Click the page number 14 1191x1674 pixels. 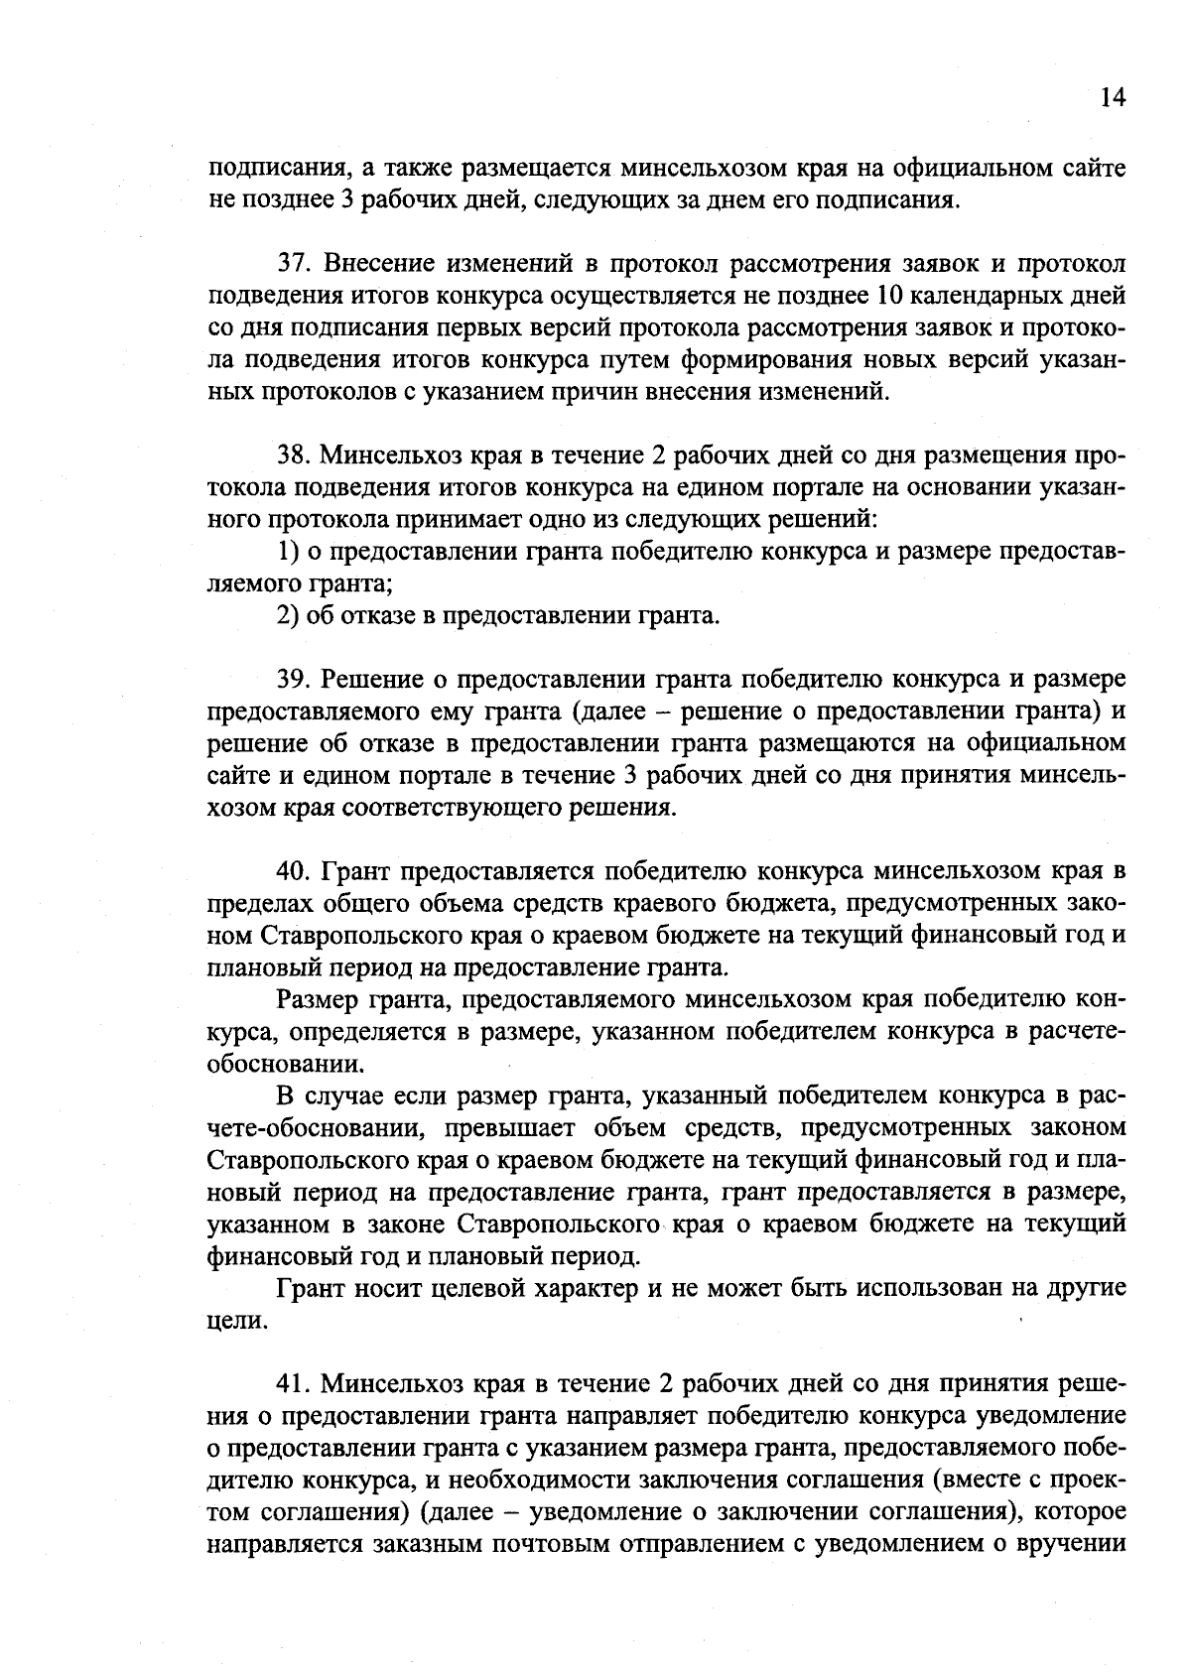point(1113,97)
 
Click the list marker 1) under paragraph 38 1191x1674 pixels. point(285,552)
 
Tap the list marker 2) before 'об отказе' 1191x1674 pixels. point(286,616)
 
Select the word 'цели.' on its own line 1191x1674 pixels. point(236,1322)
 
